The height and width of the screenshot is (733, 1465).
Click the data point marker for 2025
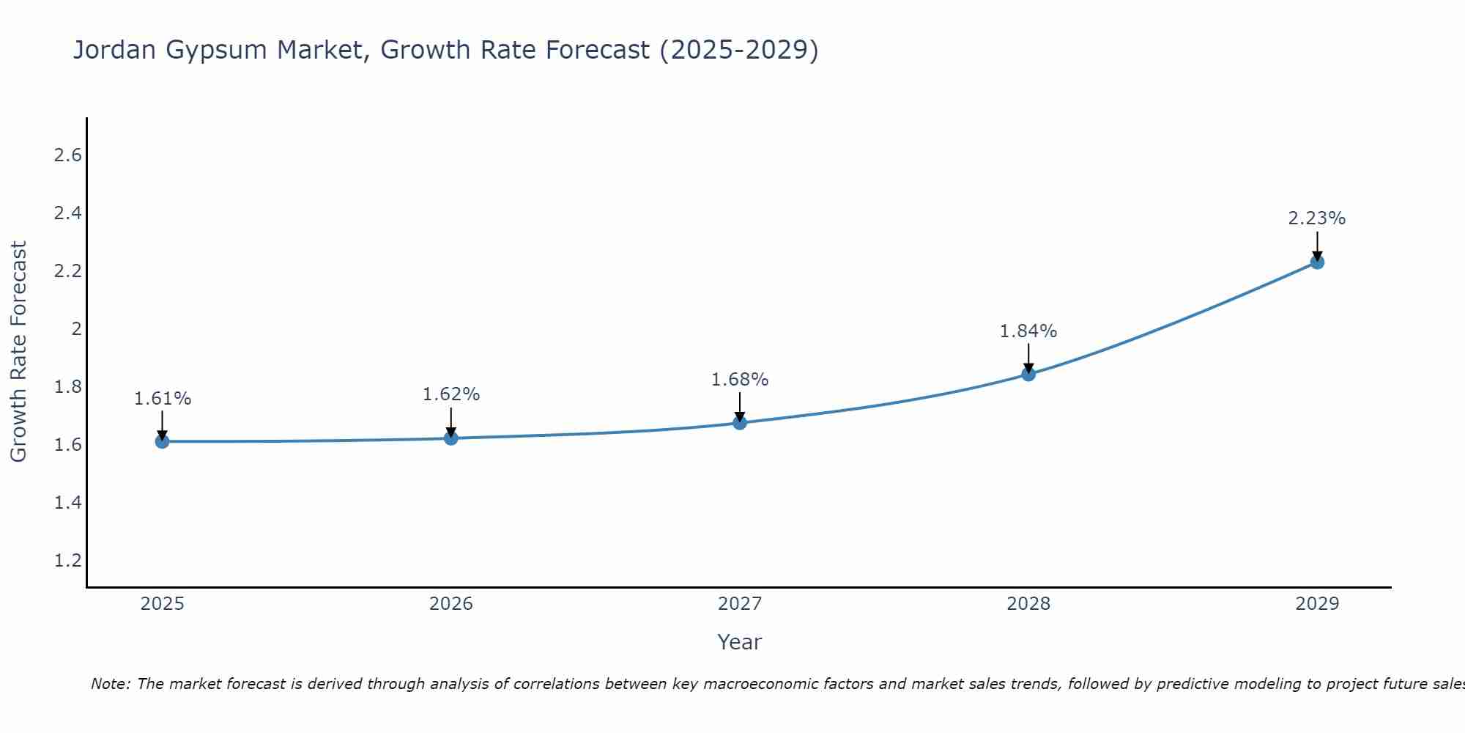pyautogui.click(x=162, y=441)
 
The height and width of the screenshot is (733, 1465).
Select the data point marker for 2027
pyautogui.click(x=740, y=422)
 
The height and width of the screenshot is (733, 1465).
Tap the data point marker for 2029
pyautogui.click(x=1317, y=262)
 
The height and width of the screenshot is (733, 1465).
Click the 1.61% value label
pyautogui.click(x=162, y=399)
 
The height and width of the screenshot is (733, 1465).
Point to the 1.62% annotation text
pyautogui.click(x=451, y=394)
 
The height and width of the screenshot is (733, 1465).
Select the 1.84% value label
pyautogui.click(x=1028, y=331)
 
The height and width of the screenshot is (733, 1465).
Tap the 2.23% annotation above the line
pyautogui.click(x=1317, y=218)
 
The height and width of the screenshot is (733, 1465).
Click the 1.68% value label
pyautogui.click(x=740, y=380)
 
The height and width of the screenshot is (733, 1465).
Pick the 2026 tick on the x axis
pyautogui.click(x=451, y=604)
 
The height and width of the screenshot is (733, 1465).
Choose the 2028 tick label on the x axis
pyautogui.click(x=1028, y=604)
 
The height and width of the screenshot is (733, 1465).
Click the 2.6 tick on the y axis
pyautogui.click(x=68, y=155)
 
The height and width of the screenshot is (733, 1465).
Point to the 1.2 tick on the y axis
pyautogui.click(x=68, y=561)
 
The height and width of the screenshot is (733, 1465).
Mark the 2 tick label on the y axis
pyautogui.click(x=76, y=329)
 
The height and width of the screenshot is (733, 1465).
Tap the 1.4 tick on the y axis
pyautogui.click(x=68, y=503)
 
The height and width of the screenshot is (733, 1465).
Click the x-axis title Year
pyautogui.click(x=740, y=642)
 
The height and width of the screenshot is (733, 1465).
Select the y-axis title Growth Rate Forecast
pyautogui.click(x=18, y=352)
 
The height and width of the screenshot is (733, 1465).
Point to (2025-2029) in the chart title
pyautogui.click(x=739, y=51)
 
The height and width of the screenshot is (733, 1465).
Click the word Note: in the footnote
pyautogui.click(x=111, y=684)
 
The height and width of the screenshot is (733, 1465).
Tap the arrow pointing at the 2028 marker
pyautogui.click(x=1028, y=359)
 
